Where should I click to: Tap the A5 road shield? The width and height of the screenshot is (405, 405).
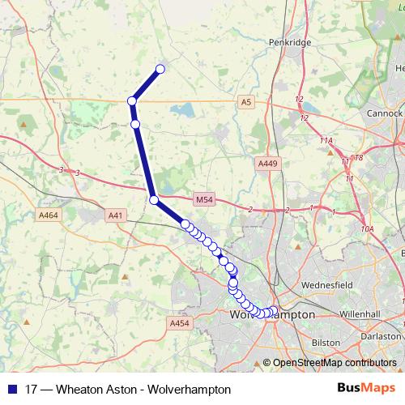(x=246, y=101)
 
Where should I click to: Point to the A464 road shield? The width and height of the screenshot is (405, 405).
(x=49, y=215)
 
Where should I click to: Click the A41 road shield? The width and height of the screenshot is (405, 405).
(x=117, y=215)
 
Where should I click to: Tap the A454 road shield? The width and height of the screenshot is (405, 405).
(x=179, y=323)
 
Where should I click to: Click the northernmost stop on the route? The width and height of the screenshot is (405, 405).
(x=160, y=69)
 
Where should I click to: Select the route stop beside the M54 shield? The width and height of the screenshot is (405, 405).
(x=153, y=199)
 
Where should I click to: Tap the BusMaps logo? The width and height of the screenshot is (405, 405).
(x=366, y=389)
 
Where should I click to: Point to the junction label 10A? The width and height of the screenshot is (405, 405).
(x=368, y=229)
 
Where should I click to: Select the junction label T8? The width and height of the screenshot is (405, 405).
(x=358, y=158)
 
